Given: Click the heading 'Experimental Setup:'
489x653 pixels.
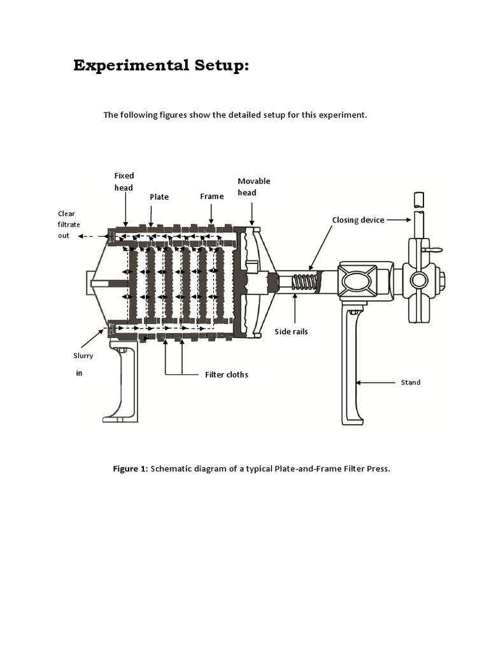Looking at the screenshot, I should pyautogui.click(x=160, y=65).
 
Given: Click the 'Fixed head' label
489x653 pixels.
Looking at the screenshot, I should pyautogui.click(x=124, y=181).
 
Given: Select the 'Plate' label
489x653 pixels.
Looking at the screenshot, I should pyautogui.click(x=159, y=197).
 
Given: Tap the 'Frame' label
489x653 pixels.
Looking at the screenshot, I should pyautogui.click(x=212, y=196).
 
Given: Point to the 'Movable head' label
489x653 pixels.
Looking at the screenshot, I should pyautogui.click(x=253, y=186).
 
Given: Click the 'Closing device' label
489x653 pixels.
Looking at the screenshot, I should pyautogui.click(x=358, y=220).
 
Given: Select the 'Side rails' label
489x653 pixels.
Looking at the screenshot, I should pyautogui.click(x=291, y=332).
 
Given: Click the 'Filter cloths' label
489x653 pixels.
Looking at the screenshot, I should pyautogui.click(x=226, y=374).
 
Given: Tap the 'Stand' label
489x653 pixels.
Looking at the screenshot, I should pyautogui.click(x=410, y=383).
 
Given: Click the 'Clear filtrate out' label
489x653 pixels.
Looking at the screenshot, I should pyautogui.click(x=66, y=224).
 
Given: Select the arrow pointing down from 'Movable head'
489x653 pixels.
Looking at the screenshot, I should pyautogui.click(x=253, y=214).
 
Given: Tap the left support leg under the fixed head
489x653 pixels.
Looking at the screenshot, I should pyautogui.click(x=122, y=383).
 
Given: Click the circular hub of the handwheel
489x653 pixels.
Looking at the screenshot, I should pyautogui.click(x=418, y=280).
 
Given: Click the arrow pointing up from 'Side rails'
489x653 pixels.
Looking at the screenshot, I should pyautogui.click(x=295, y=309).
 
